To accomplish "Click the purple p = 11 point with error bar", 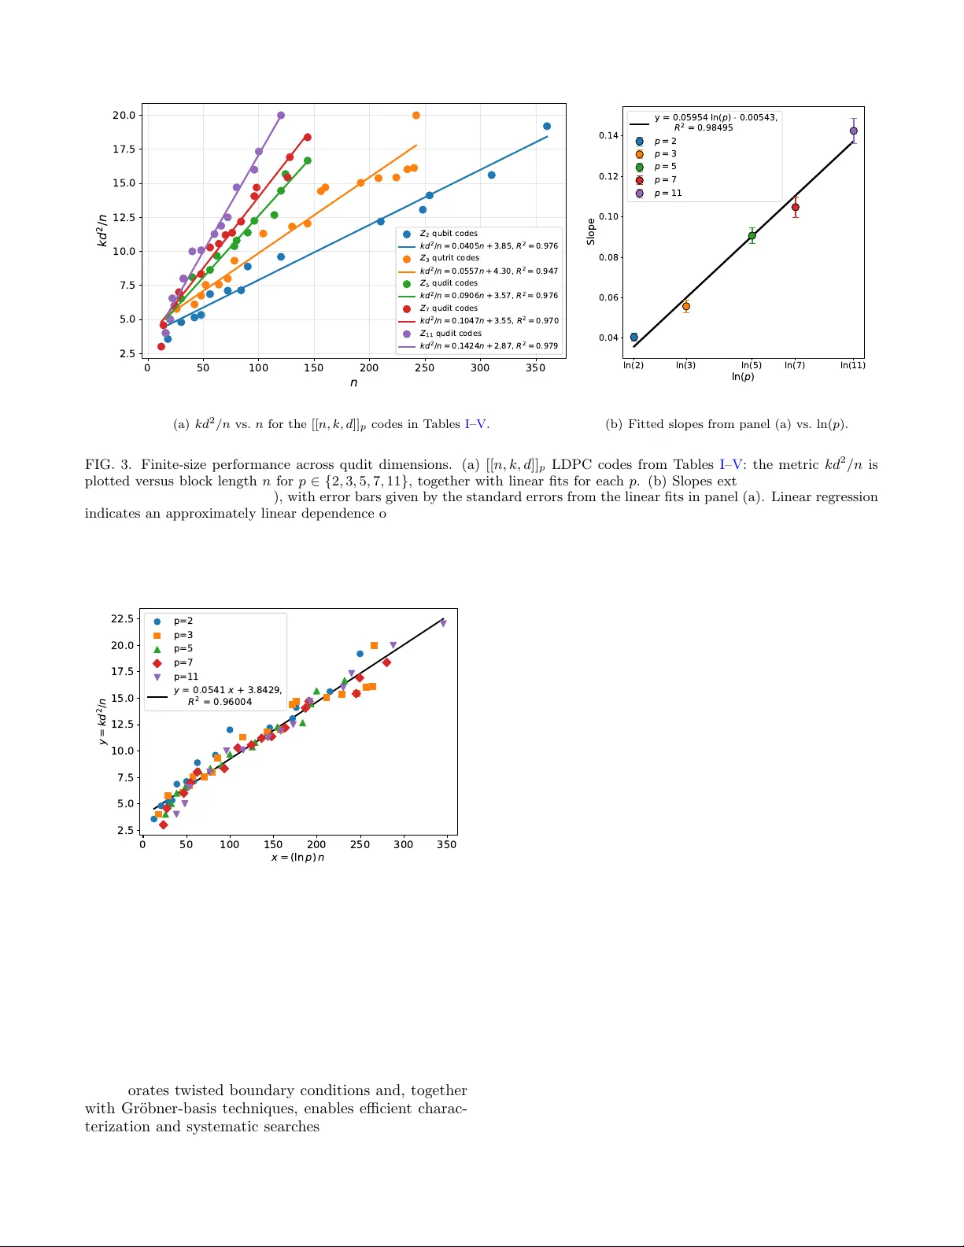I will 853,131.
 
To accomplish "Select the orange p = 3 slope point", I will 686,306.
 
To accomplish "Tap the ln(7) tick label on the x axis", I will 795,365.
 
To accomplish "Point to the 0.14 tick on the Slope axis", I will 608,135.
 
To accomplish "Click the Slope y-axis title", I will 591,231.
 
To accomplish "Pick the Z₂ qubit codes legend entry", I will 448,234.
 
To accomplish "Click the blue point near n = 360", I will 547,126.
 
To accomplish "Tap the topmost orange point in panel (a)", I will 416,116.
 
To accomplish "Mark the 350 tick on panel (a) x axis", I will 535,367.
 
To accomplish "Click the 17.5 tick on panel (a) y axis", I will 124,149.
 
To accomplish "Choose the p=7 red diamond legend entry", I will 183,663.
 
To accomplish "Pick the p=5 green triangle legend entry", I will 183,649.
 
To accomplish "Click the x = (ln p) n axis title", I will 297,858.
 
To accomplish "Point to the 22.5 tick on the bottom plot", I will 122,618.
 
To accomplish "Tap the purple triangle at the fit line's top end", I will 443,623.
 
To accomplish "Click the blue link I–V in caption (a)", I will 476,424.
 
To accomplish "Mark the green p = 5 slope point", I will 752,235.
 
